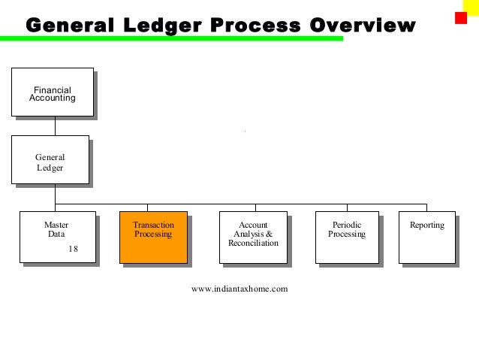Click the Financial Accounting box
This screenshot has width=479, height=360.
(52, 92)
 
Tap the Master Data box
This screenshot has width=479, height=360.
(57, 237)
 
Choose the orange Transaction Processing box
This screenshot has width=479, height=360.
(153, 237)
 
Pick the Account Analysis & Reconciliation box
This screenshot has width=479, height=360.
(252, 237)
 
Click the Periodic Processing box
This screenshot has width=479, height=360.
(347, 237)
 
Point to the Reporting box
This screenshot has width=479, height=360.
(426, 237)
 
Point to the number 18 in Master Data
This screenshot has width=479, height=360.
(73, 249)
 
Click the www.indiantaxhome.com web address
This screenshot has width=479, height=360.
(239, 289)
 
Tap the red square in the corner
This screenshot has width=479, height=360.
(461, 17)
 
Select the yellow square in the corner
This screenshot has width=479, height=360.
(471, 6)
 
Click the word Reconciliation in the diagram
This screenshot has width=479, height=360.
(253, 244)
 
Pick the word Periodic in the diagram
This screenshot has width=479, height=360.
(347, 225)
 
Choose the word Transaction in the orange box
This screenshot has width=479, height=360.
(153, 225)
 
